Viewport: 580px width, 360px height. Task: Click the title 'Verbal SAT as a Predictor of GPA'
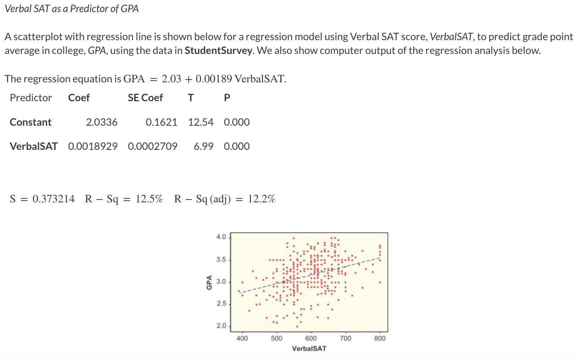72,9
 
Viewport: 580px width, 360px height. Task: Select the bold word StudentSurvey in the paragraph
219,50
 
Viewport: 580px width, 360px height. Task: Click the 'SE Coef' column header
145,98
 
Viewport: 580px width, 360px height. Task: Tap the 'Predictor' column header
31,98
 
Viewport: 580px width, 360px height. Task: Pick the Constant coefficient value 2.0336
102,122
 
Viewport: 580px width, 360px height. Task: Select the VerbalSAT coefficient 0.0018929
93,146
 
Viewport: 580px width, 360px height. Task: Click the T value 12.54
201,122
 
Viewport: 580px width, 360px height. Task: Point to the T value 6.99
203,146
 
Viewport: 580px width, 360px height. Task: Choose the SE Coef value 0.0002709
153,146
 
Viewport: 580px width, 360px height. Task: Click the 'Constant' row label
31,122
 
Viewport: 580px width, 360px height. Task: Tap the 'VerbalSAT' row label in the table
34,146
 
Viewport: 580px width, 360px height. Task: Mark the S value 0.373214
54,199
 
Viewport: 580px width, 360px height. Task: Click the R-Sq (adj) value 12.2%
261,199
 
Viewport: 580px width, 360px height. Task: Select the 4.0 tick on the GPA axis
221,237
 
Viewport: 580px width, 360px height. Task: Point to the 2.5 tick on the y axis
221,304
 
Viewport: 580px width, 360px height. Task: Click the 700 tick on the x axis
345,338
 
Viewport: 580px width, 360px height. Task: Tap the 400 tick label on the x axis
242,338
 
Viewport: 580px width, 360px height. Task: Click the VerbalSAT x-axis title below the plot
309,349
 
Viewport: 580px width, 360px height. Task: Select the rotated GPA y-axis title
209,282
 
